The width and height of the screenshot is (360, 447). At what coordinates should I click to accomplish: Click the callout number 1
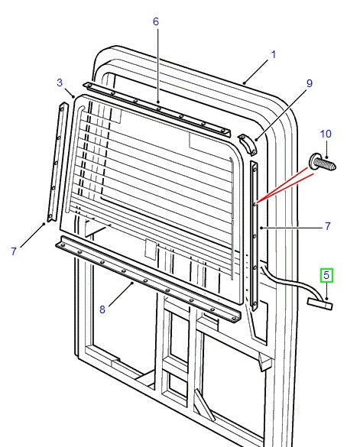click(274, 55)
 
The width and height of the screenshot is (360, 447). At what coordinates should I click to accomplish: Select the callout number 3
click(60, 83)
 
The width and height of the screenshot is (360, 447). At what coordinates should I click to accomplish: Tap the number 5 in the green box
click(326, 275)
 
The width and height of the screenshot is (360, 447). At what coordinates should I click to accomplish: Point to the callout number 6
click(156, 22)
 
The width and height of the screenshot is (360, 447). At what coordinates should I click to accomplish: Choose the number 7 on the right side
click(327, 226)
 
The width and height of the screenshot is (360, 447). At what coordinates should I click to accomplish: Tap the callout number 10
click(325, 134)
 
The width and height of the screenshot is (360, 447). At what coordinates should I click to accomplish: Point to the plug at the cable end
click(321, 304)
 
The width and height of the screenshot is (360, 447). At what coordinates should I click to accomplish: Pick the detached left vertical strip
click(55, 164)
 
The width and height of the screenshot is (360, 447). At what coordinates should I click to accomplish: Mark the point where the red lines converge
click(257, 202)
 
